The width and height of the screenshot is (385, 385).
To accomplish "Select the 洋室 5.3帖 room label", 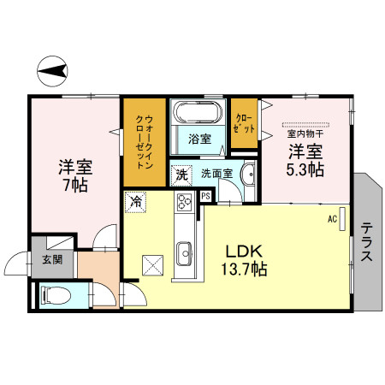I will (x=305, y=160).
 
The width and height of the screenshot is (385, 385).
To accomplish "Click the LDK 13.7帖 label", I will (x=246, y=258).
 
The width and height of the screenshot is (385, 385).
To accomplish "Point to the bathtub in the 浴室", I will (x=198, y=113).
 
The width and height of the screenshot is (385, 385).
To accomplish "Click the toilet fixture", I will (x=54, y=296).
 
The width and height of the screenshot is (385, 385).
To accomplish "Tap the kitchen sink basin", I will (x=186, y=253).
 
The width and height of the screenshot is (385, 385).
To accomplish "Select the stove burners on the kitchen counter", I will (x=186, y=204).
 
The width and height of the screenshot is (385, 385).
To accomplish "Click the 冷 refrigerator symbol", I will (x=135, y=202).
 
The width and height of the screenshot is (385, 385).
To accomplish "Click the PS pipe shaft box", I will (x=206, y=196).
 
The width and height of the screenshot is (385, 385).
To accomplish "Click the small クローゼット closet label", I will (x=244, y=123).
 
